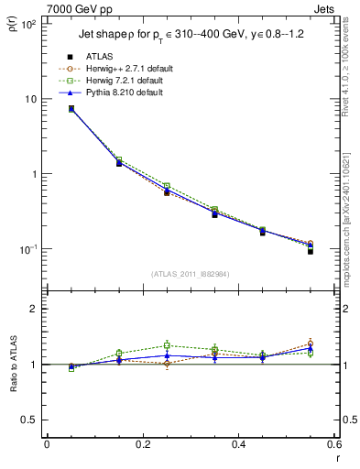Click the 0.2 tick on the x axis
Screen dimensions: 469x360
[x=142, y=444]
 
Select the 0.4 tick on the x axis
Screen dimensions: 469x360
[x=238, y=444]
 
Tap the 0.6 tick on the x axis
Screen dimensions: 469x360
[x=333, y=444]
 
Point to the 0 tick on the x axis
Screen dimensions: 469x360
[x=47, y=444]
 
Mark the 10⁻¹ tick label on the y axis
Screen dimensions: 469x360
[x=27, y=249]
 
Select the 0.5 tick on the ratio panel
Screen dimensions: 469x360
[x=29, y=420]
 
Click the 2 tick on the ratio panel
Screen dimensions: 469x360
[x=33, y=309]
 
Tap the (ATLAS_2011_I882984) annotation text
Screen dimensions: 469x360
[x=191, y=275]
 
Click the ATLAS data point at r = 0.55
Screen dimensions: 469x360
[x=311, y=250]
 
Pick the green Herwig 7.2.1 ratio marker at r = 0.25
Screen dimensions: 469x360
[x=167, y=345]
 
